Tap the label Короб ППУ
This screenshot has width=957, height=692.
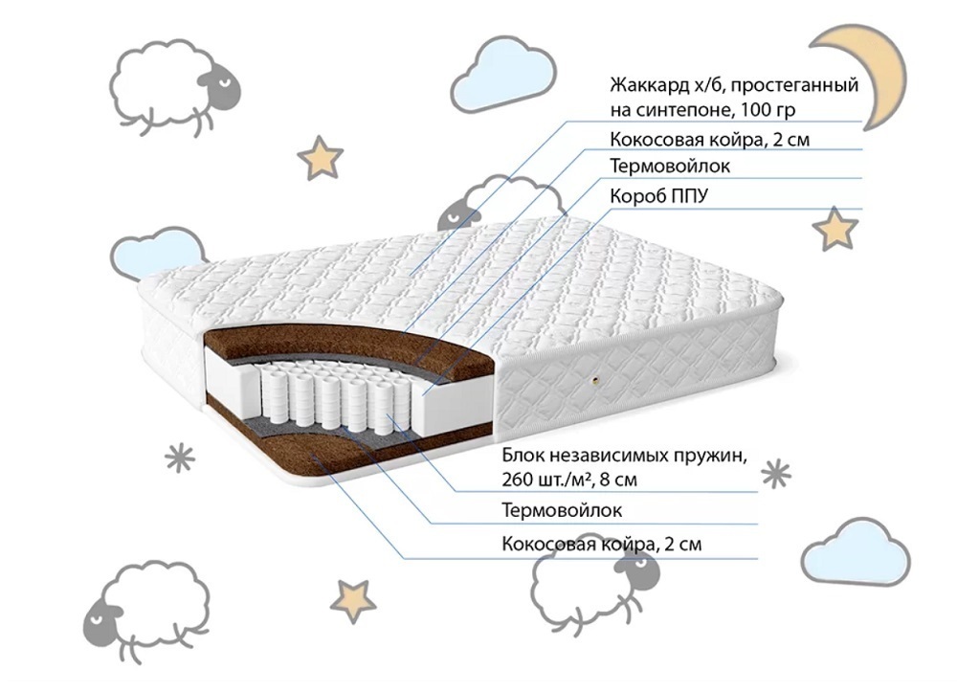click(x=659, y=196)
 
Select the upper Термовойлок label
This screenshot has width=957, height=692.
click(x=670, y=166)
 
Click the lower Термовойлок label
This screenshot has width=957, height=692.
click(x=562, y=510)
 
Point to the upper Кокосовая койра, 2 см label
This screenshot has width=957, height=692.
click(x=710, y=140)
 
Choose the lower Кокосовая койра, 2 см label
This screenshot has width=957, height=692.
click(x=601, y=544)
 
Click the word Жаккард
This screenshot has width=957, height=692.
click(x=649, y=85)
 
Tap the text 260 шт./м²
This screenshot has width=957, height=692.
click(x=546, y=479)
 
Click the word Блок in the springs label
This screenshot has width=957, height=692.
click(x=522, y=456)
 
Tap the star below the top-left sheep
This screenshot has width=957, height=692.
click(x=321, y=157)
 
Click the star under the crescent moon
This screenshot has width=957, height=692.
click(x=835, y=229)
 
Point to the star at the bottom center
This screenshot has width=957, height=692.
click(x=354, y=600)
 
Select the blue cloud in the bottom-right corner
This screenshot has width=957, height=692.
click(x=856, y=552)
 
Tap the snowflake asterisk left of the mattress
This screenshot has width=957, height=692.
click(x=180, y=458)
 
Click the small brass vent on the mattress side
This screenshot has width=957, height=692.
click(x=595, y=380)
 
